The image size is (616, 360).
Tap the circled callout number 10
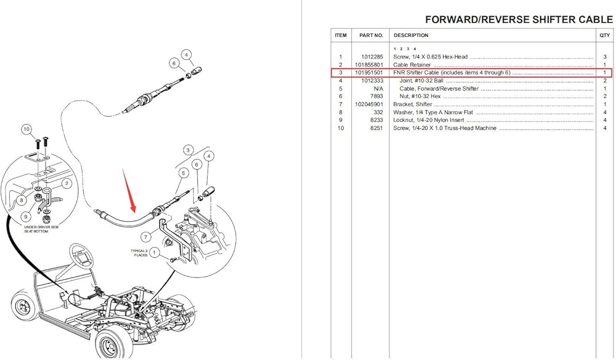(x=26, y=129)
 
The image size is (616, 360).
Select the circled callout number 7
(x=146, y=237)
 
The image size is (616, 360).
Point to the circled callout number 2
(x=67, y=183)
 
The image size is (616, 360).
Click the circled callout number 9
(x=26, y=216)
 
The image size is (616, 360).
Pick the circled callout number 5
(x=183, y=173)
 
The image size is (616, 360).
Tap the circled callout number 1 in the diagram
(x=155, y=252)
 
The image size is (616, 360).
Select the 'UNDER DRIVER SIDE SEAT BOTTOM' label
(x=41, y=229)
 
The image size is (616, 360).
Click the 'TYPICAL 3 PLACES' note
(x=139, y=253)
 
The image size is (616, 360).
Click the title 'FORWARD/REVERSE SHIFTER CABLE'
(x=519, y=20)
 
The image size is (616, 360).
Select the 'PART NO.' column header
(x=371, y=35)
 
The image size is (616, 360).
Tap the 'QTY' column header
(x=605, y=35)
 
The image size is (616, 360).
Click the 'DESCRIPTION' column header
(x=411, y=35)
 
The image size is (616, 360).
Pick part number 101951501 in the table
(x=368, y=73)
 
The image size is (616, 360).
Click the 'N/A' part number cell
(x=378, y=88)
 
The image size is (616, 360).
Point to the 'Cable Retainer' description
(x=412, y=65)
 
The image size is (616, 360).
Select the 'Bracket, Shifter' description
(x=413, y=104)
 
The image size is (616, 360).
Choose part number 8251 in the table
(x=376, y=128)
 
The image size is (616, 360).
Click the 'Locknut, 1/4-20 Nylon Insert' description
(x=429, y=120)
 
